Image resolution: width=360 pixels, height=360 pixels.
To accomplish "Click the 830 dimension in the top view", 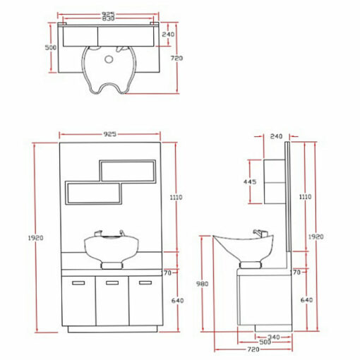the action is coord(108,18).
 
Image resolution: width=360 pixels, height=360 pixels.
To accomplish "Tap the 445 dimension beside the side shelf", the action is coord(250,181).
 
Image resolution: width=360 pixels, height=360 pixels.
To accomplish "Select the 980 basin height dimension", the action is coord(202,284).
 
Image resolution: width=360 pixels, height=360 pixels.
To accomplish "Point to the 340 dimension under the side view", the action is coord(274,337).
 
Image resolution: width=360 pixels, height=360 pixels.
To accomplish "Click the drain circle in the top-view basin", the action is coord(109,59).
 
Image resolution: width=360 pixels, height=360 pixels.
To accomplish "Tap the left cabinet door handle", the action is coord(78,283).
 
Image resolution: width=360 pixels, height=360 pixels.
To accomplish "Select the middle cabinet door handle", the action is coord(112,282).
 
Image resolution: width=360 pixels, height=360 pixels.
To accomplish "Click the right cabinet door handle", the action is coord(145,282).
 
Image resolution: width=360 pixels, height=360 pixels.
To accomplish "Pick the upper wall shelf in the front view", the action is coord(128,171).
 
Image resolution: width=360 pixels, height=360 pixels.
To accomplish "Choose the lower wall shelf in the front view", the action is coord(93,193).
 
